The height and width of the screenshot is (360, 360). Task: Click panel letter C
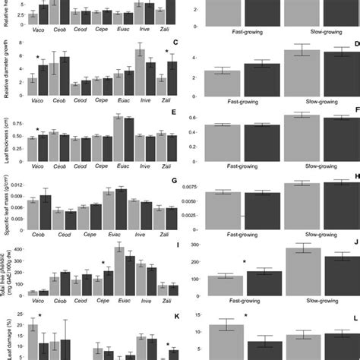point(175,43)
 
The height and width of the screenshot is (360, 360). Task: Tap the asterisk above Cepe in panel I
point(103,264)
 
